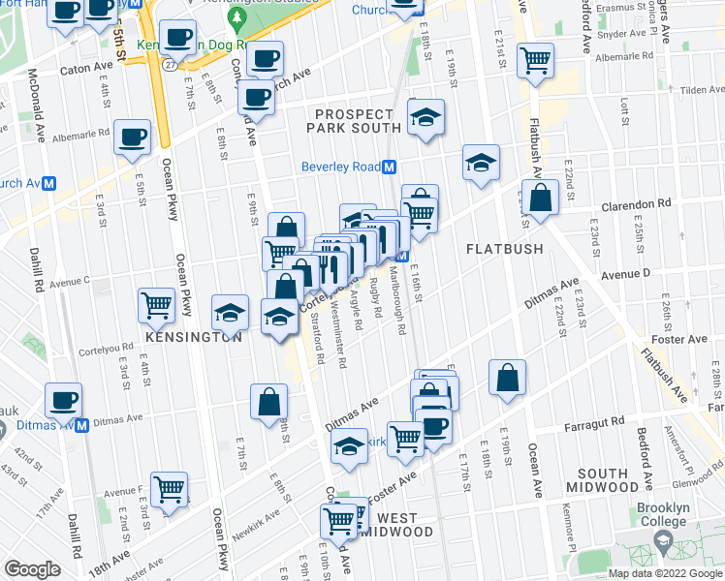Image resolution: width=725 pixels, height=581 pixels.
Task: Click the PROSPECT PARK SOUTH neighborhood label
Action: point(354,121)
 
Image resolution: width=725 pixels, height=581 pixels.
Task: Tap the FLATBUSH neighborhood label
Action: point(504,249)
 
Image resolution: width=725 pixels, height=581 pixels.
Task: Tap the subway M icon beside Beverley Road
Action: point(389,167)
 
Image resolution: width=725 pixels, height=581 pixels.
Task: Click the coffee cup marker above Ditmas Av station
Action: point(64,399)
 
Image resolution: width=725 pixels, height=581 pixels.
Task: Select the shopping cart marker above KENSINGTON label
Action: point(156,304)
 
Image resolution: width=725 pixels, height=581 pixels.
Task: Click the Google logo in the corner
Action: point(32,569)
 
